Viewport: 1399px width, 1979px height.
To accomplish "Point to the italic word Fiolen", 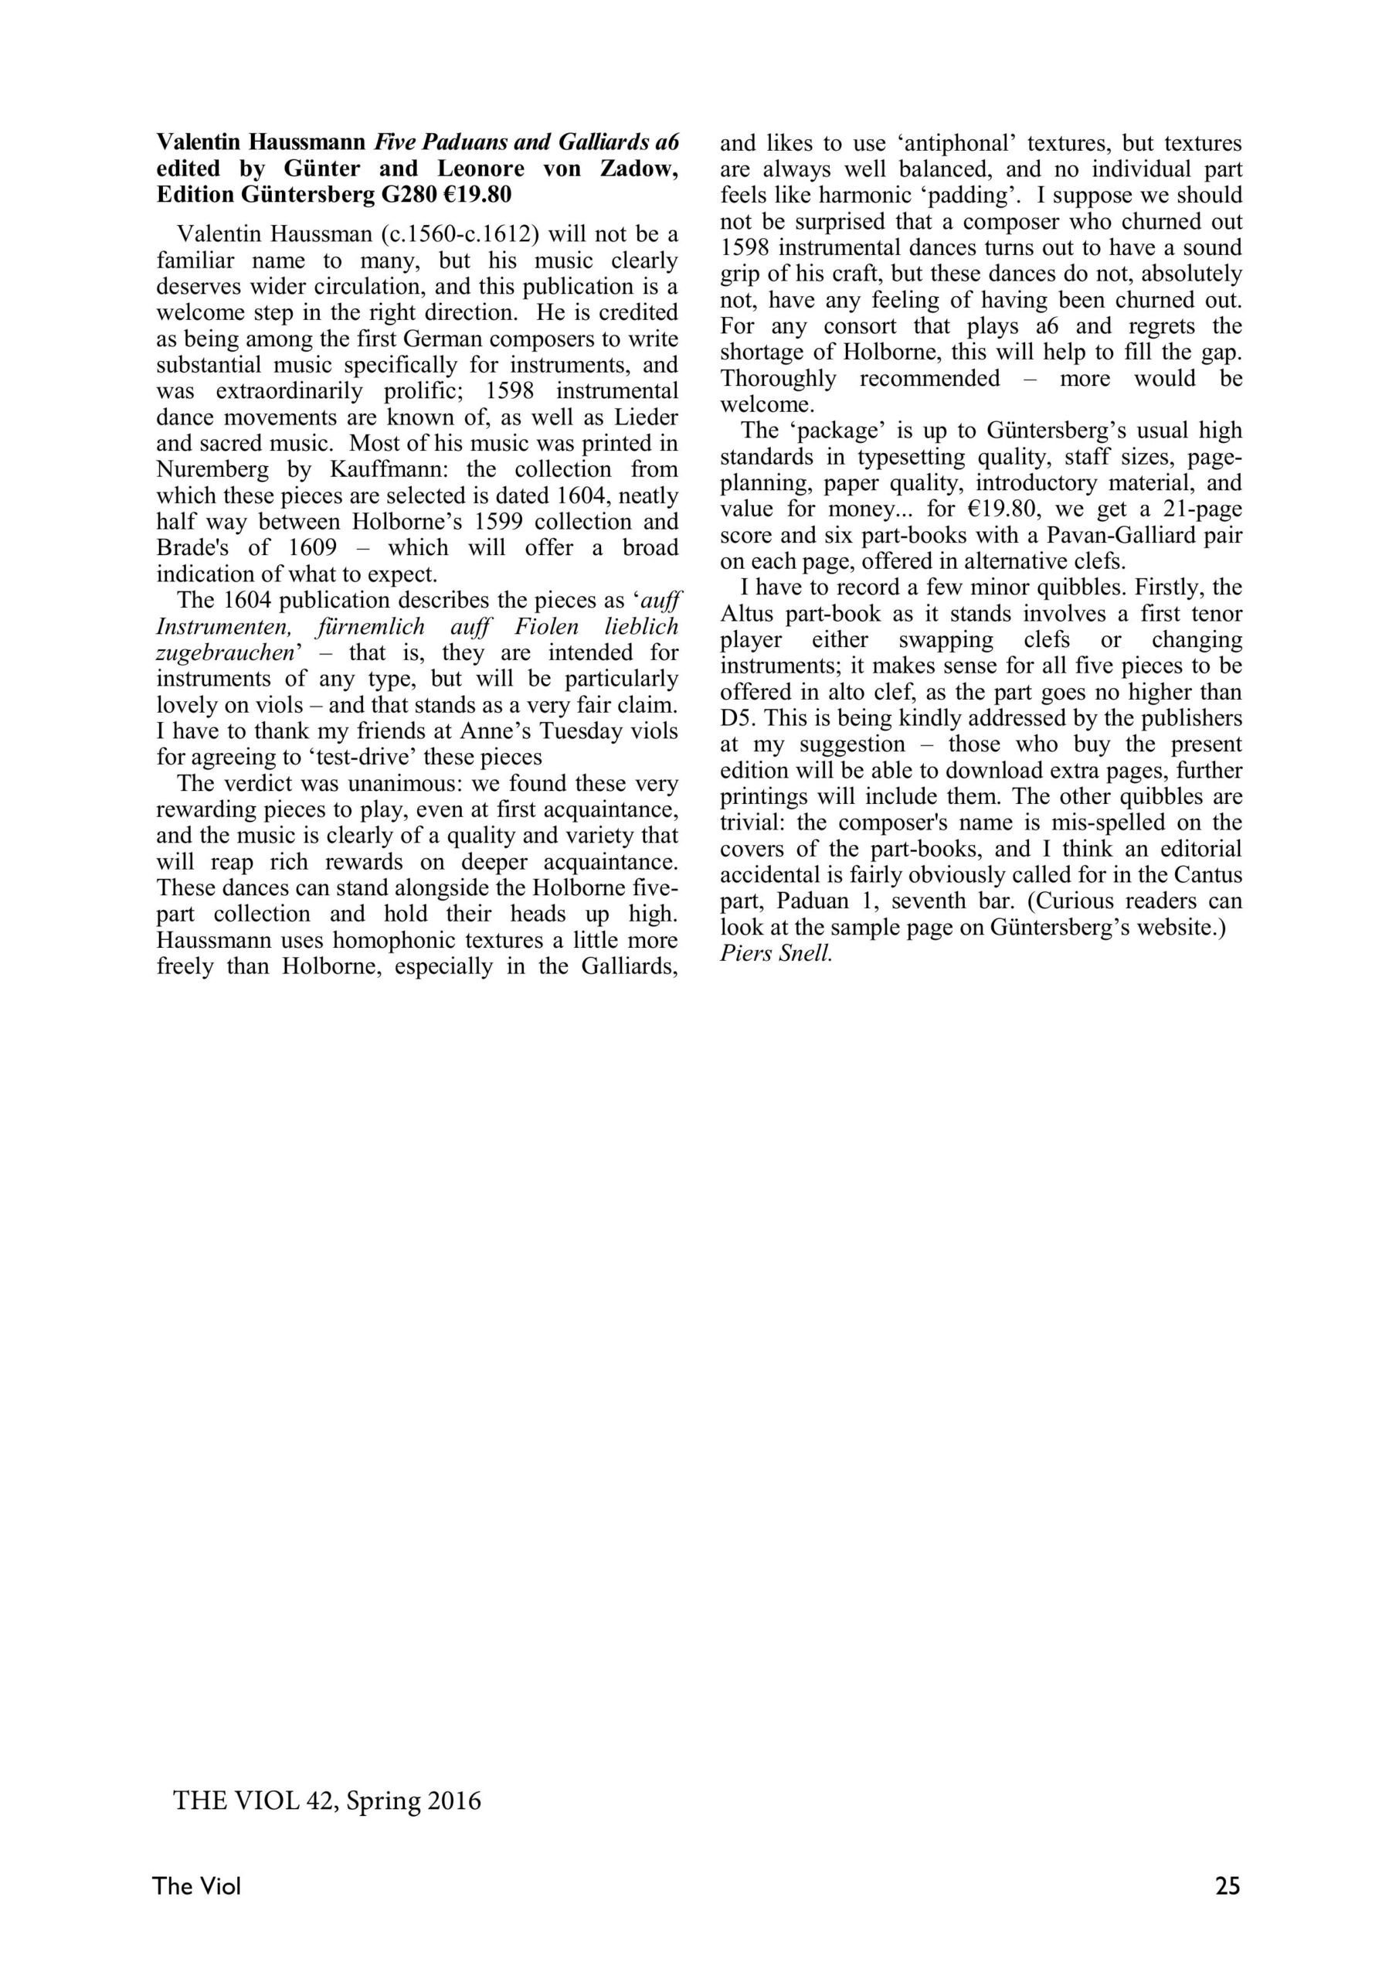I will point(540,627).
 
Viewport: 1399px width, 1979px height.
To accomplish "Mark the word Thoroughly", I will point(778,378).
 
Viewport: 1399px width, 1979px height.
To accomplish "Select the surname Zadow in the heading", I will point(638,169).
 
